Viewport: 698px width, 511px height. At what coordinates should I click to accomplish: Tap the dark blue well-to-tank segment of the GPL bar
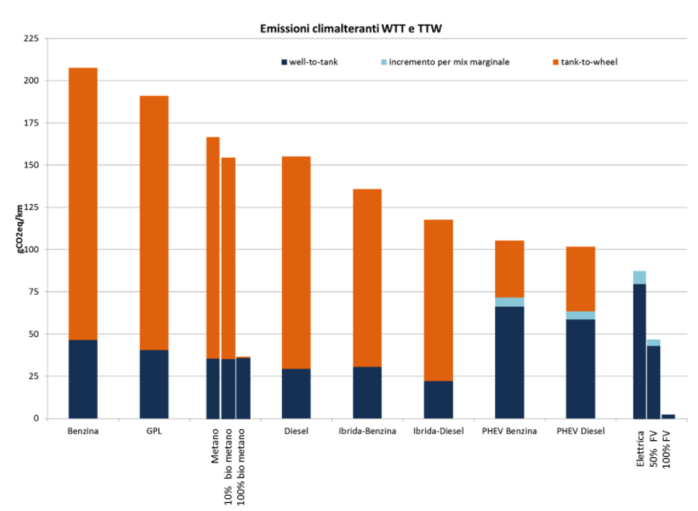coord(154,383)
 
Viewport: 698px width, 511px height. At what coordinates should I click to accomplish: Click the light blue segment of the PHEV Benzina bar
coord(509,302)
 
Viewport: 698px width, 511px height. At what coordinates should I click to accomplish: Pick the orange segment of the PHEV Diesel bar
coord(580,278)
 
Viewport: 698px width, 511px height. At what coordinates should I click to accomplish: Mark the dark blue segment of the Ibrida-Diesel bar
coord(438,399)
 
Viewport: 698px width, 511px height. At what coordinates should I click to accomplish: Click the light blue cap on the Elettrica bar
coord(639,278)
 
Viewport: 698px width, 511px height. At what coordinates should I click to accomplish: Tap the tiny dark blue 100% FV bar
coord(668,416)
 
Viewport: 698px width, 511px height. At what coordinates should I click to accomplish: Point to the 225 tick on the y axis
coord(30,39)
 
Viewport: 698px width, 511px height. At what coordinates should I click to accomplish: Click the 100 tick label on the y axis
coord(30,249)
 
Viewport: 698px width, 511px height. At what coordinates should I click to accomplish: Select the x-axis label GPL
coord(154,431)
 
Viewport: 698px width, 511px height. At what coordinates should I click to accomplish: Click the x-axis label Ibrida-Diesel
coord(438,431)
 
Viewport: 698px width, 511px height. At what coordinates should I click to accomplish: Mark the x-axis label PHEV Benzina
coord(509,431)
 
